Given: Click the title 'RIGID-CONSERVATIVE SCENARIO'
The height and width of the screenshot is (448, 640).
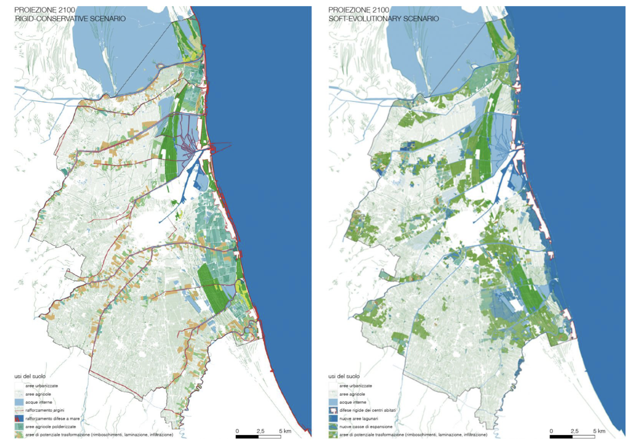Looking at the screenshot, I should (x=70, y=19).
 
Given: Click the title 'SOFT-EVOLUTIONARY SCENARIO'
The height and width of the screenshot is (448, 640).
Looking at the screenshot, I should (x=383, y=19).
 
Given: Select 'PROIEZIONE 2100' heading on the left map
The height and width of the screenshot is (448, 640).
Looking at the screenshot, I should (x=45, y=10).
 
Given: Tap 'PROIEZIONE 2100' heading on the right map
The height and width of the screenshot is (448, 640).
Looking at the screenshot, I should (x=358, y=10).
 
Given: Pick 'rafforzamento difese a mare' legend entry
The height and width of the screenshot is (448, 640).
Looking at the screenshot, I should (x=52, y=419).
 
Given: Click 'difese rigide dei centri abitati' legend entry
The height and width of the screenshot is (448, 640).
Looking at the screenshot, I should (x=367, y=410).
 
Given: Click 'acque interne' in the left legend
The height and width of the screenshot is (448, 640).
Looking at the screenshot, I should (x=39, y=402).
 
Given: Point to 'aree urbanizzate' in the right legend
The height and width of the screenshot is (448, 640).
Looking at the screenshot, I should (x=355, y=386).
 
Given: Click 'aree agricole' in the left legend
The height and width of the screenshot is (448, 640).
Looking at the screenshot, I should (x=38, y=394).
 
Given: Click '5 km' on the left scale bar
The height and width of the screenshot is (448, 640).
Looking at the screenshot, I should (x=285, y=431).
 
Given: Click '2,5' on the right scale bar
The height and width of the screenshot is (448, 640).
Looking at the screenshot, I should (x=574, y=431).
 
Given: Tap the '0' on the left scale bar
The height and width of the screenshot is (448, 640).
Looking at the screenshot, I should (x=237, y=431).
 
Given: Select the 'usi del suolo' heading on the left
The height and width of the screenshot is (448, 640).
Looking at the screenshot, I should (x=30, y=376).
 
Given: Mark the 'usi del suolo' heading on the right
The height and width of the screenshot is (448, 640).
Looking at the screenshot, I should (x=344, y=376).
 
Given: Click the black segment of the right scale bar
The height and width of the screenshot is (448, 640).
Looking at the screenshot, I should (x=561, y=437).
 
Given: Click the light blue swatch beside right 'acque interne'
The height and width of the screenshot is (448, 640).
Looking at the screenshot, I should (x=333, y=402).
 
